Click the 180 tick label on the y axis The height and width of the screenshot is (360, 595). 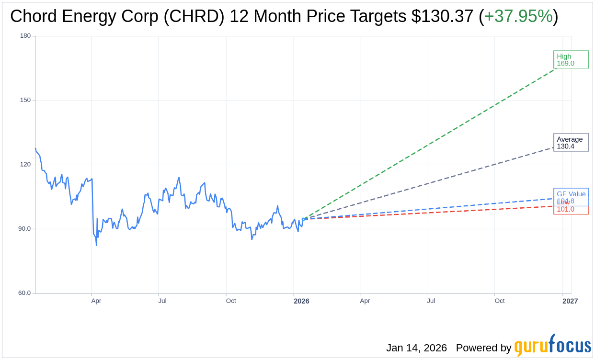pyautogui.click(x=25, y=36)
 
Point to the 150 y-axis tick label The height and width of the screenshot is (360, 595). pyautogui.click(x=25, y=100)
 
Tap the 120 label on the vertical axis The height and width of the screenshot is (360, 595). pyautogui.click(x=25, y=164)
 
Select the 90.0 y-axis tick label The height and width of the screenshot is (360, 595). pyautogui.click(x=24, y=229)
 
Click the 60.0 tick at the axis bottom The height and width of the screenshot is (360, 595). pyautogui.click(x=24, y=293)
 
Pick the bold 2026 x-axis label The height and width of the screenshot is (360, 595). pyautogui.click(x=301, y=301)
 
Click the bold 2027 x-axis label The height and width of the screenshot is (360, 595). pyautogui.click(x=570, y=301)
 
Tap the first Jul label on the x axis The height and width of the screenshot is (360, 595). pyautogui.click(x=162, y=301)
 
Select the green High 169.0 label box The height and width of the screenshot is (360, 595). pyautogui.click(x=571, y=60)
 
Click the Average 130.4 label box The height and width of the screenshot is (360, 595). pyautogui.click(x=571, y=143)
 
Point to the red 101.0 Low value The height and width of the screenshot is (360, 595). pyautogui.click(x=565, y=209)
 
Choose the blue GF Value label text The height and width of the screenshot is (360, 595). pyautogui.click(x=571, y=194)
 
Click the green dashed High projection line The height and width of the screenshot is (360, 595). pyautogui.click(x=431, y=144)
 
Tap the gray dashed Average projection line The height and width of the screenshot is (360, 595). pyautogui.click(x=431, y=182)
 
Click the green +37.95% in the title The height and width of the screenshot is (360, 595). pyautogui.click(x=518, y=16)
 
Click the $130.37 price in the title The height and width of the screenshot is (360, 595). pyautogui.click(x=442, y=16)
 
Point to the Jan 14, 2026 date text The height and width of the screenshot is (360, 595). pyautogui.click(x=416, y=348)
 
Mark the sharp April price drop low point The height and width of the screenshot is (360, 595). pyautogui.click(x=96, y=245)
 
